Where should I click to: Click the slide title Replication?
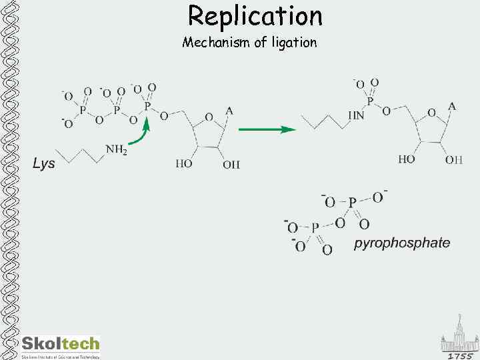pos(255,15)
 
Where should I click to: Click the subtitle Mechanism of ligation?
pos(249,43)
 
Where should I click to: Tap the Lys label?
pos(44,163)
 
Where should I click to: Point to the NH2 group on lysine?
pos(116,149)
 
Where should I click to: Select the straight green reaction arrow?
pos(267,129)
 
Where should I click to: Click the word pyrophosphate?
pos(401,243)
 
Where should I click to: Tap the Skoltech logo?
pos(60,345)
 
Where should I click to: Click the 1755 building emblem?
pos(459,341)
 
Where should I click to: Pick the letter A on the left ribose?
pos(229,111)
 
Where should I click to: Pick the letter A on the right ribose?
pos(452,106)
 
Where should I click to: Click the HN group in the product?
pos(355,115)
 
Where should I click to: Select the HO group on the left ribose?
pos(184,163)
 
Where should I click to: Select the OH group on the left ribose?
pos(231,164)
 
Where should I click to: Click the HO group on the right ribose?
pos(407,159)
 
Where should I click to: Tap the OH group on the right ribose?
pos(453,159)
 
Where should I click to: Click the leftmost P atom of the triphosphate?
pos(83,109)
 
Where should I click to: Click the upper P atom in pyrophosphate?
pos(352,201)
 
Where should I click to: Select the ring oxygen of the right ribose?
pos(431,113)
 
